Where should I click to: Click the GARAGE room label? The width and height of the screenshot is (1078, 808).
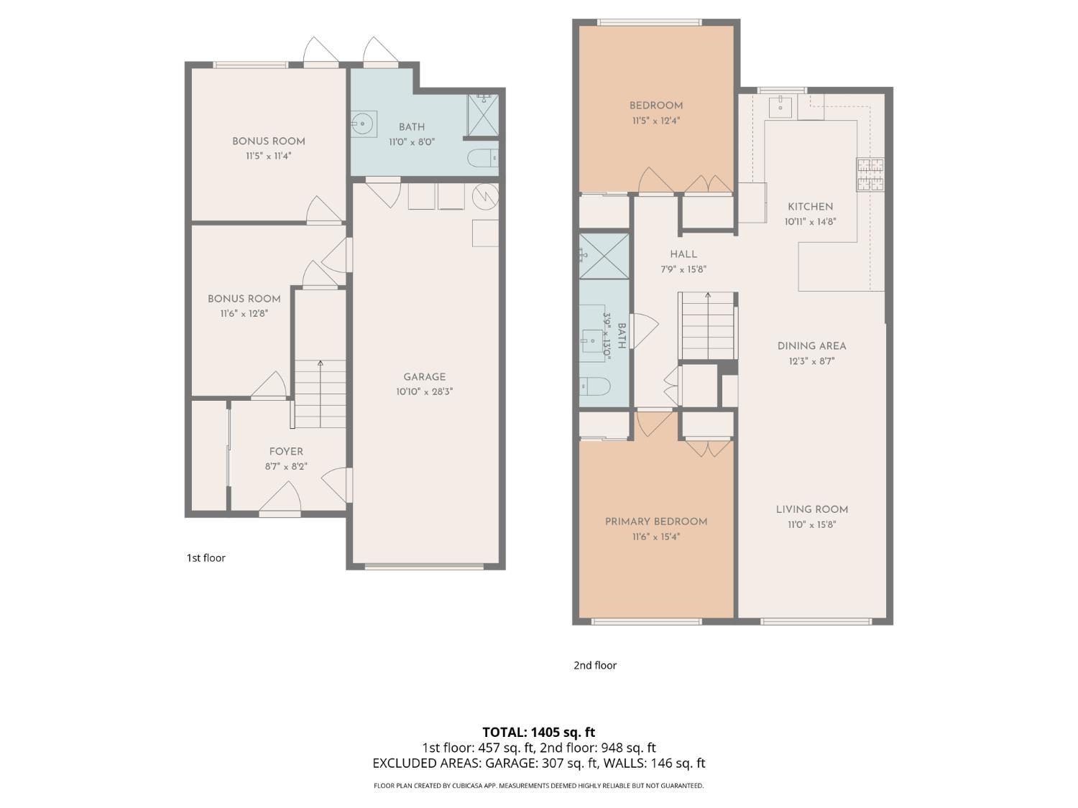(424, 376)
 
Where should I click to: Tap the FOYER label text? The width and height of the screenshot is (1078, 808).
(286, 451)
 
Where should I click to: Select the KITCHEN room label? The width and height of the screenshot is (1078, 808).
(810, 206)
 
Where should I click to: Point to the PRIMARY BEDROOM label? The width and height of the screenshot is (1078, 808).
(655, 521)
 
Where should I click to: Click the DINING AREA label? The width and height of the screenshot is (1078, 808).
(811, 345)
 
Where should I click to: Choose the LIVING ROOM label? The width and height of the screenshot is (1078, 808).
(811, 509)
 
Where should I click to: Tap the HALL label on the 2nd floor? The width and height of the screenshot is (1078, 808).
(683, 254)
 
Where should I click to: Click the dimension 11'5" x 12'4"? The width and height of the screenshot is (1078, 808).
(655, 121)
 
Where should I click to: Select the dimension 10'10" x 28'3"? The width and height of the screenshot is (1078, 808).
(424, 392)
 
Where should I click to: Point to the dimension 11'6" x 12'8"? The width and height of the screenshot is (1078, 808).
(244, 314)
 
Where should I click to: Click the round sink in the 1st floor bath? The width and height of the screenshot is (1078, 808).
(363, 124)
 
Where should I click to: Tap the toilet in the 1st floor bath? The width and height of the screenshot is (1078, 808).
(482, 157)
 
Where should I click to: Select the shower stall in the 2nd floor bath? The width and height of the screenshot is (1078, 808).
(604, 256)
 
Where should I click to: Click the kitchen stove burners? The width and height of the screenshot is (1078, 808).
(870, 175)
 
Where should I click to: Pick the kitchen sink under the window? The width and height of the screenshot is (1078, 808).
(780, 107)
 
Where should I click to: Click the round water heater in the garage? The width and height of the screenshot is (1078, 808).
(485, 195)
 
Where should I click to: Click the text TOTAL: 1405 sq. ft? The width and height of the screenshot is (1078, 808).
(538, 733)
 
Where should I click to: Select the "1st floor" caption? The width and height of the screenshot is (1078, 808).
(206, 557)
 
